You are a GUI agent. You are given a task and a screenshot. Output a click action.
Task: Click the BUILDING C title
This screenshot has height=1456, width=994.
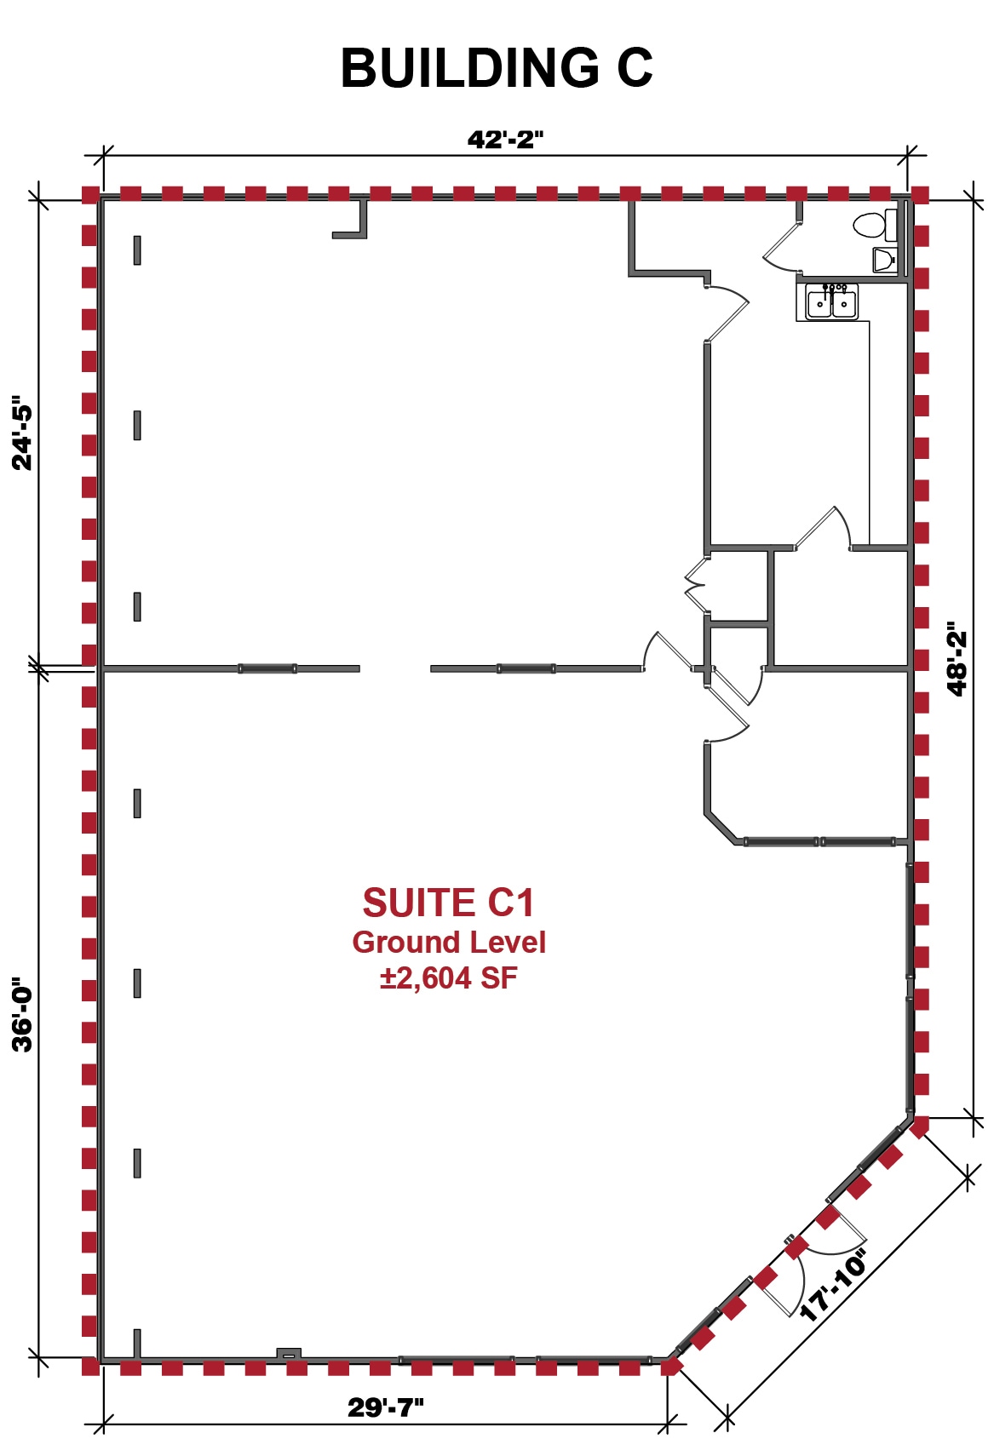tap(497, 68)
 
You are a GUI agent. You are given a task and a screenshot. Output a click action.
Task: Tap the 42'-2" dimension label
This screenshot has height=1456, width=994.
tap(504, 140)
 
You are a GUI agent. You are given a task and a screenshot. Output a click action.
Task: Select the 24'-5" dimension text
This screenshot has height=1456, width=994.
tap(22, 433)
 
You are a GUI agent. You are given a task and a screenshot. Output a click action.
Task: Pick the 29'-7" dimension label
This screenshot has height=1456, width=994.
tap(385, 1407)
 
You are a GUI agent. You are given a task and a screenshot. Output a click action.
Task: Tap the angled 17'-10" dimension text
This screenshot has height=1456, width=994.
tap(833, 1285)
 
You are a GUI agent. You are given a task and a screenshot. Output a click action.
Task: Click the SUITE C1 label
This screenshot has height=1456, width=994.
tap(448, 903)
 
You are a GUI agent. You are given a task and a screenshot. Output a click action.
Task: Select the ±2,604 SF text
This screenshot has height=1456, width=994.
tap(448, 978)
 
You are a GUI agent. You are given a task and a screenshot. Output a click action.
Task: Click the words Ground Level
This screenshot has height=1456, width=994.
tap(448, 943)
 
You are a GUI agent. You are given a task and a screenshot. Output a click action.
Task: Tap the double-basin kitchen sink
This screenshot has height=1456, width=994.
tap(832, 302)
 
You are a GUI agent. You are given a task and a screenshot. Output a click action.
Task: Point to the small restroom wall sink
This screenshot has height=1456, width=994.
tap(884, 259)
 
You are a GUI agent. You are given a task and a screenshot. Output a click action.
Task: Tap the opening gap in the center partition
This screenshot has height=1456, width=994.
tap(395, 668)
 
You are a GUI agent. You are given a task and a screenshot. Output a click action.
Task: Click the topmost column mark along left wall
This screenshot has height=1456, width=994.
tap(137, 250)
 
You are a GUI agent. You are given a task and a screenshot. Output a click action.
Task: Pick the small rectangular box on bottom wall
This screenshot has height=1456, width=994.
tap(289, 1354)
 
